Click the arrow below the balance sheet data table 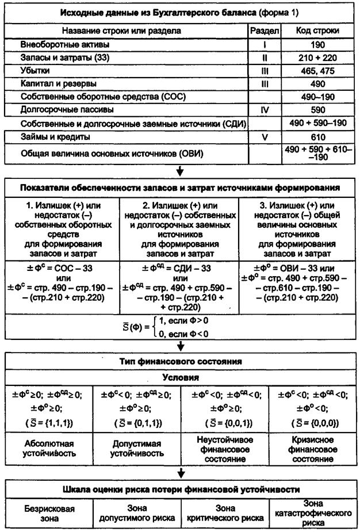(x=181, y=170)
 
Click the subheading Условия (x=181, y=378)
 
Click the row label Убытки (x=35, y=70)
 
